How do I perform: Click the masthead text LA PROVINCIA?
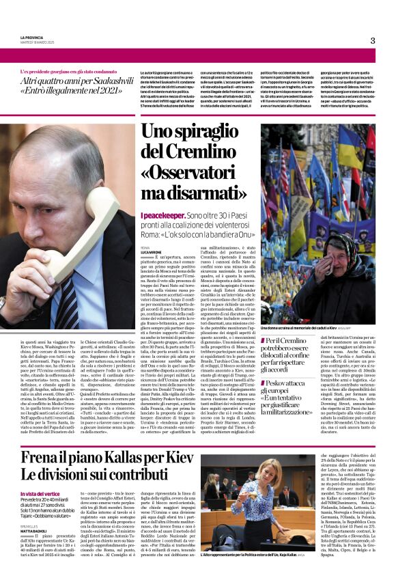click(x=31, y=37)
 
